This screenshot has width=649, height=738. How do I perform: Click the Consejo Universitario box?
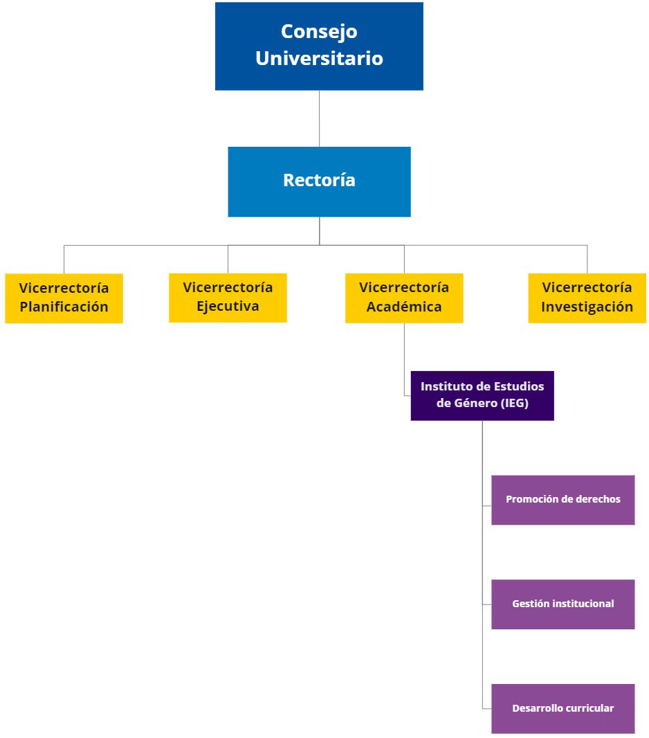click(x=319, y=46)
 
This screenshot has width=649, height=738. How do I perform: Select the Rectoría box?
click(x=319, y=181)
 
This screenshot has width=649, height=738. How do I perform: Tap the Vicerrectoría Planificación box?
click(x=64, y=298)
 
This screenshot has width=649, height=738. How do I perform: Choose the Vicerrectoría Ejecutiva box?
click(x=228, y=297)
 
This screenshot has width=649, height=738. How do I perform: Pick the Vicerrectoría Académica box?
click(x=404, y=297)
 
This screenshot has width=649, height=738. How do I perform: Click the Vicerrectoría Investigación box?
click(x=587, y=298)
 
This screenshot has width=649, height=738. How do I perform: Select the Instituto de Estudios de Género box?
click(x=482, y=395)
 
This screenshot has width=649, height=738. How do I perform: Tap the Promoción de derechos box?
click(x=563, y=499)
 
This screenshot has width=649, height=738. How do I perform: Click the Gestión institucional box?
click(x=563, y=604)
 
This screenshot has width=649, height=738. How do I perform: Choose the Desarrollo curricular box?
click(x=563, y=708)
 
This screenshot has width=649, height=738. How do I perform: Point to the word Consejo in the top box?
click(x=319, y=32)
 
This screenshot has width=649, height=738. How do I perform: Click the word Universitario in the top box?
click(x=319, y=58)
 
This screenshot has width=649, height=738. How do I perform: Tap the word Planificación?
click(x=64, y=307)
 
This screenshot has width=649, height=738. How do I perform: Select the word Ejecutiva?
click(x=228, y=306)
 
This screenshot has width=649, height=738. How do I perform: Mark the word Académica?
click(x=404, y=307)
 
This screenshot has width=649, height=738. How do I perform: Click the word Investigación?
click(x=587, y=307)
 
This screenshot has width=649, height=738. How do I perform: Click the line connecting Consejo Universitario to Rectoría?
click(x=319, y=118)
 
